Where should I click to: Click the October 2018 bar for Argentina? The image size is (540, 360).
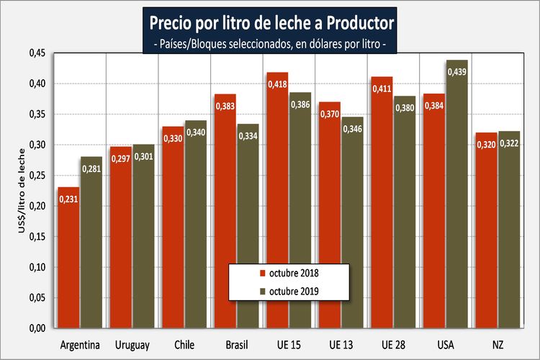69,259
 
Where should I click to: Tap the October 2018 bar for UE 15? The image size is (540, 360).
277,202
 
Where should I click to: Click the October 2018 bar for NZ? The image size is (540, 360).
486,230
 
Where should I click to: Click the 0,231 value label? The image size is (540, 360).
69,199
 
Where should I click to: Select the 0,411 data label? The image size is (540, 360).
382,89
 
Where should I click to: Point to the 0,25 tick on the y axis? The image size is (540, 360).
35,176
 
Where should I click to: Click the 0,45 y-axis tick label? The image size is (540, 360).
35,53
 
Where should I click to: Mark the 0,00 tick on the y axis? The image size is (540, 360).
35,328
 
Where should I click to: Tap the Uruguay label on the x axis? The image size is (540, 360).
132,345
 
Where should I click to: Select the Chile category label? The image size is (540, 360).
185,345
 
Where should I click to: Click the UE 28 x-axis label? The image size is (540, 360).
394,345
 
